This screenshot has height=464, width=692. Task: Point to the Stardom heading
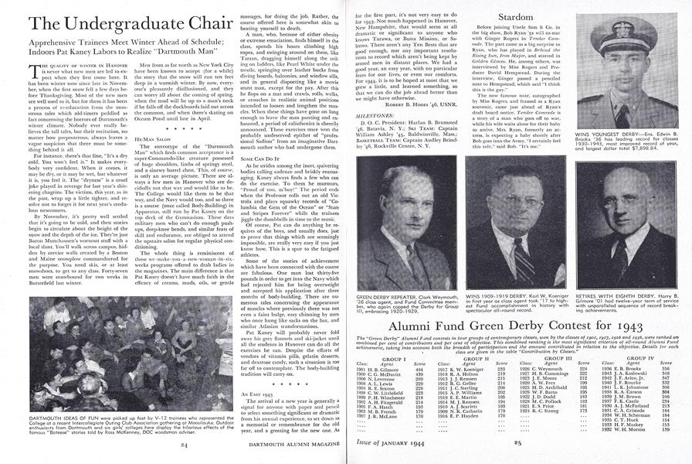(522, 13)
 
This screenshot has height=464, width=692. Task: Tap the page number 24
(184, 445)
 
